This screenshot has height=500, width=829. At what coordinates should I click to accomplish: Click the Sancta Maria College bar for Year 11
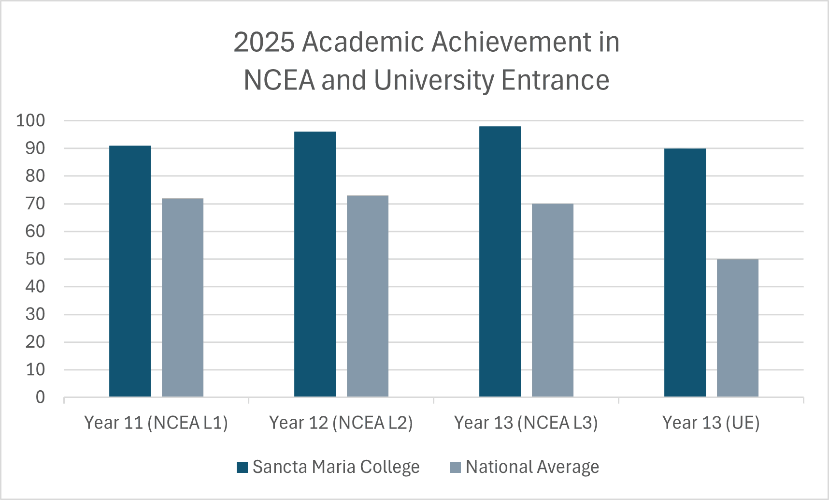tap(130, 271)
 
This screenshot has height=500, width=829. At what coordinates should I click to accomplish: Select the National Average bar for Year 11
tap(183, 297)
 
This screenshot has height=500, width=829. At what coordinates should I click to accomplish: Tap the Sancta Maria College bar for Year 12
tap(315, 264)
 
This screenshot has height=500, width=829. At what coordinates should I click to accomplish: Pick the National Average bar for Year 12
tap(368, 296)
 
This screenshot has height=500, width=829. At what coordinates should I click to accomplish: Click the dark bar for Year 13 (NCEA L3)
tap(500, 261)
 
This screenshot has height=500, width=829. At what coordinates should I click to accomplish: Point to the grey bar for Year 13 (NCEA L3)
tap(553, 300)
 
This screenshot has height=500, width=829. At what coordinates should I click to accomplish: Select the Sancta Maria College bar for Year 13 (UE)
tap(685, 272)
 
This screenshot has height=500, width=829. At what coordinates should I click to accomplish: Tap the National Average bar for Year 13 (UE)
tap(738, 328)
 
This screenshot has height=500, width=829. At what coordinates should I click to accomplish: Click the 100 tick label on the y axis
tap(30, 120)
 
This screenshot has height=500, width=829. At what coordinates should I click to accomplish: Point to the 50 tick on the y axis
tap(35, 259)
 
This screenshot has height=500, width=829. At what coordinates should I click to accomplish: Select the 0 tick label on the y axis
tap(40, 397)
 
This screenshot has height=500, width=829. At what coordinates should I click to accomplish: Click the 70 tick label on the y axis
tap(35, 204)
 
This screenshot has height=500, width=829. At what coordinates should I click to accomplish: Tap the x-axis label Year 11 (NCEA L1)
tap(156, 423)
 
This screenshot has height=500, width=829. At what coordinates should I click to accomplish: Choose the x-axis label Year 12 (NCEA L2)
tap(341, 423)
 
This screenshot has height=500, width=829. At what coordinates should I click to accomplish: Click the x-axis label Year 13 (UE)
tap(711, 423)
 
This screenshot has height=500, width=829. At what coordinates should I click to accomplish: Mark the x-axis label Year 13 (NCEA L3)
tap(526, 423)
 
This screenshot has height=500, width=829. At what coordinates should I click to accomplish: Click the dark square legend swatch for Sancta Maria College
tap(242, 467)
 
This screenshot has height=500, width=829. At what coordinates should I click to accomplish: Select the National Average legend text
tap(532, 467)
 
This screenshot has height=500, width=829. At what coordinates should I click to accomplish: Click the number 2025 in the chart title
tap(264, 42)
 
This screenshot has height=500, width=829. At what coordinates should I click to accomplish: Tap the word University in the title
tap(434, 80)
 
